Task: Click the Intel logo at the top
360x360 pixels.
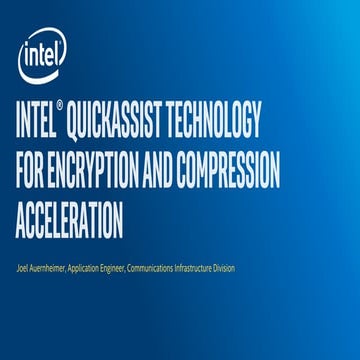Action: coord(41,59)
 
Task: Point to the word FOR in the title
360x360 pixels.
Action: coord(32,172)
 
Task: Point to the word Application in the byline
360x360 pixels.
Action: coord(102,266)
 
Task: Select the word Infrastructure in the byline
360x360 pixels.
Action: coord(230,266)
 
